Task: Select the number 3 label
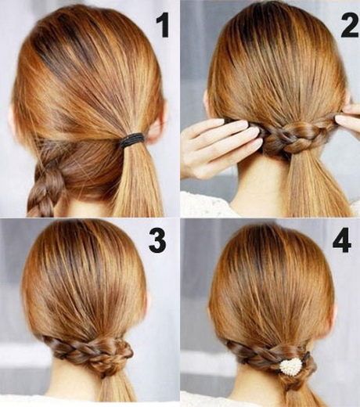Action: pos(157,240)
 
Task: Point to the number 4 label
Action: pos(341,240)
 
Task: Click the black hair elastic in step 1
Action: pos(131,141)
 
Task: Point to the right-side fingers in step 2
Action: pos(347,122)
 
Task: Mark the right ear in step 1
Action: pos(159,117)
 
